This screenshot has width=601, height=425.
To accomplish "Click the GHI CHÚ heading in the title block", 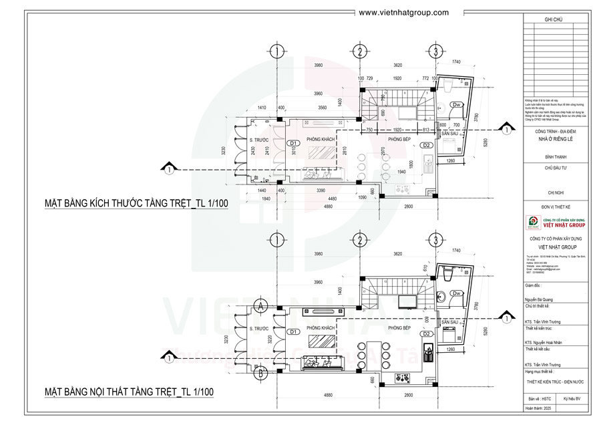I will tap(554, 21).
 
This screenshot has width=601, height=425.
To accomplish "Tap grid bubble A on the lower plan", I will tap(261, 307).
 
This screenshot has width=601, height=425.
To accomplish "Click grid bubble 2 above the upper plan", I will tap(359, 51).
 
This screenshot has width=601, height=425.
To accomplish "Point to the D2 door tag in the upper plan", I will tap(426, 145).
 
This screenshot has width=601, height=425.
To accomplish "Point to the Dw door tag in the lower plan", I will tap(457, 293).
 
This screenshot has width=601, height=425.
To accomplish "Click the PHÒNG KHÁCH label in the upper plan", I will tap(320, 139).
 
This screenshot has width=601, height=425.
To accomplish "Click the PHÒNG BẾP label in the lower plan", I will tap(398, 328).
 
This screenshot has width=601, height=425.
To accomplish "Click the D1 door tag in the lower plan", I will tap(292, 331).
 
